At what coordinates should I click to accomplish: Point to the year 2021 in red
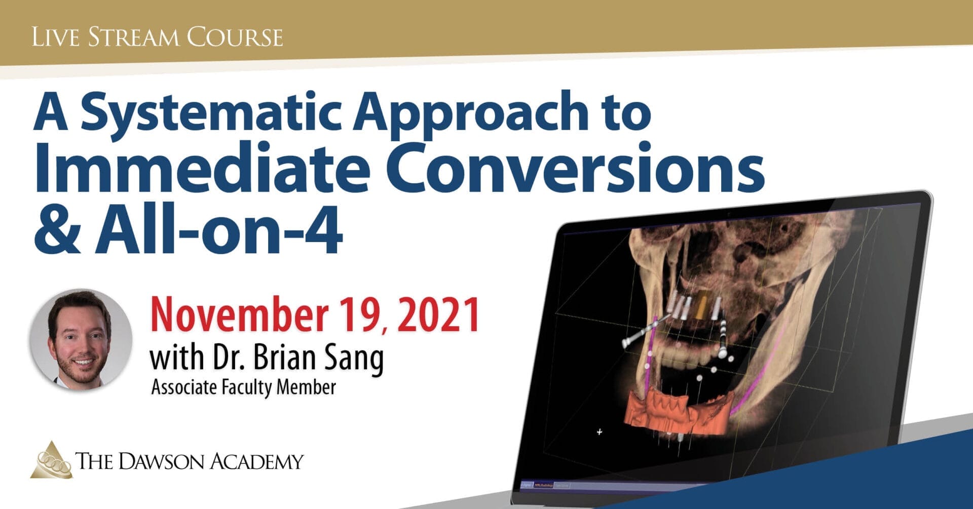[x=438, y=315]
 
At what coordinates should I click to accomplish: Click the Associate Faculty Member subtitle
[x=243, y=388]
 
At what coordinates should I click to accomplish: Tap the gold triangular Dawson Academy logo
[x=51, y=460]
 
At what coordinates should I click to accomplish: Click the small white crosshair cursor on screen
[x=600, y=432]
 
